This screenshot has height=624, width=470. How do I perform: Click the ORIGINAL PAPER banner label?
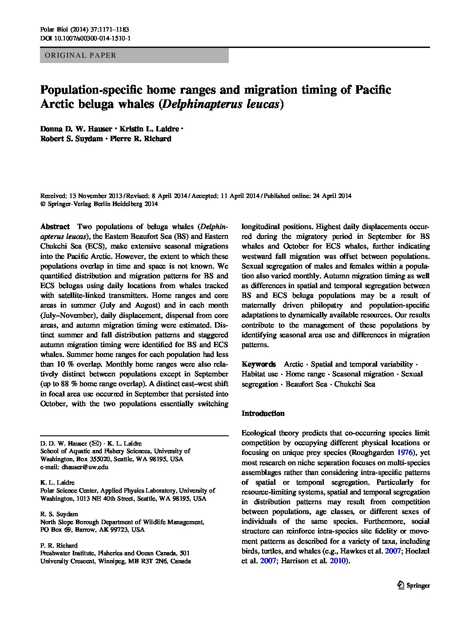[78, 55]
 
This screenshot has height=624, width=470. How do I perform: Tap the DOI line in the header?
[85, 39]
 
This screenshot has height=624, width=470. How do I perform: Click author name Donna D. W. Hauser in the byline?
[76, 129]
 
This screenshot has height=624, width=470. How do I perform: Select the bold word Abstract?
[55, 225]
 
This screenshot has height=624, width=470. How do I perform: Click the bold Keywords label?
[259, 364]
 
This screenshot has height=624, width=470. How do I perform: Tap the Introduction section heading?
[263, 413]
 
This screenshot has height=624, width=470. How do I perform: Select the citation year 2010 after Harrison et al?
[337, 561]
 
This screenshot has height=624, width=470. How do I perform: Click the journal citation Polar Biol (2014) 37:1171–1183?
[84, 29]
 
